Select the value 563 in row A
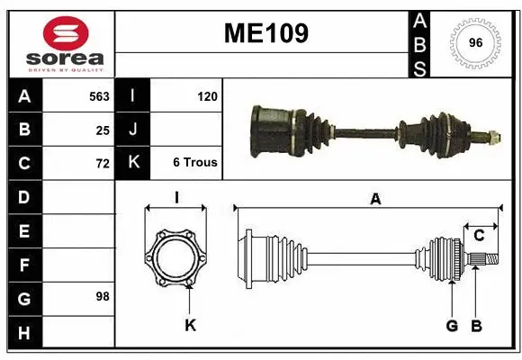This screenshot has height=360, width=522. click(x=99, y=96)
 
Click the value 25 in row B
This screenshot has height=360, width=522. click(x=103, y=130)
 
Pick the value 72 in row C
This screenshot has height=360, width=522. click(x=103, y=164)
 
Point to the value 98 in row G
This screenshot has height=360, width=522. click(x=103, y=296)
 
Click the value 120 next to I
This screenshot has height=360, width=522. click(x=207, y=96)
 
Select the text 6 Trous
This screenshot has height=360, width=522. click(x=195, y=163)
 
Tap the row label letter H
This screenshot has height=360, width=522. click(x=23, y=334)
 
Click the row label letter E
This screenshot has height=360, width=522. click(x=23, y=231)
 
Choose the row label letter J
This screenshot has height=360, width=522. click(x=133, y=130)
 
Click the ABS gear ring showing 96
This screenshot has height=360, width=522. click(x=474, y=42)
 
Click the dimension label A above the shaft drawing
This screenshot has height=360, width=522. click(x=374, y=200)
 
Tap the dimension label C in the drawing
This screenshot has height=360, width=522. click(x=479, y=236)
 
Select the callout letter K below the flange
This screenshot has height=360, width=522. click(x=190, y=325)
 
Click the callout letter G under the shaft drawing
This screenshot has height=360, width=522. click(x=452, y=325)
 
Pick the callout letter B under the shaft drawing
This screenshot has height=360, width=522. click(x=477, y=325)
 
